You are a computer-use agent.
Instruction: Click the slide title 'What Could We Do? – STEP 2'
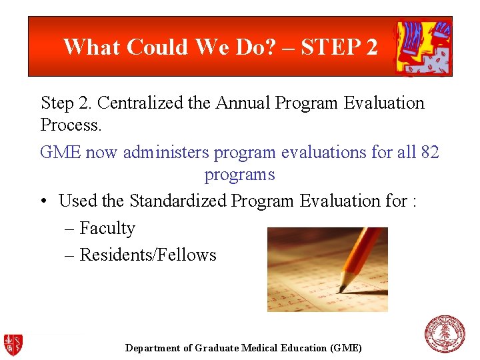click(220, 47)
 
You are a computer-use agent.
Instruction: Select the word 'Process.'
click(71, 125)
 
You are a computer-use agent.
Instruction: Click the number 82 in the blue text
click(430, 153)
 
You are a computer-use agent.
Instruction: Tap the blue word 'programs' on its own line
click(239, 175)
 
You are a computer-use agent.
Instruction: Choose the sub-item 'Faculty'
click(107, 229)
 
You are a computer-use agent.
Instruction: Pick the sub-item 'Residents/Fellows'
click(148, 255)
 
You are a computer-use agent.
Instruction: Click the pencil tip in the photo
click(341, 289)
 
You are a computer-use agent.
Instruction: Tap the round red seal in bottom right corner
click(445, 334)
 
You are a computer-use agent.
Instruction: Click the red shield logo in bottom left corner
click(13, 343)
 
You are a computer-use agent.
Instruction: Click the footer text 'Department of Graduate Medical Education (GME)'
click(243, 348)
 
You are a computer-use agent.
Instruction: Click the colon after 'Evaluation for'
click(414, 201)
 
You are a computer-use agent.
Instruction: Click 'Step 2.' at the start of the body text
click(66, 103)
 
